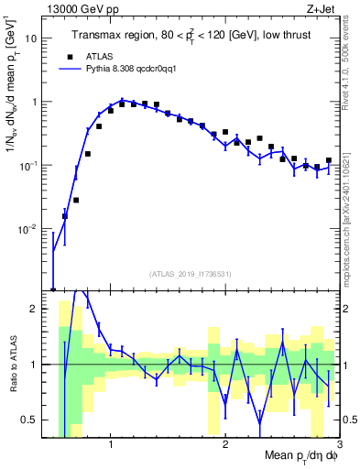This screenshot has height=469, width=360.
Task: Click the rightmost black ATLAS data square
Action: point(329,160)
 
